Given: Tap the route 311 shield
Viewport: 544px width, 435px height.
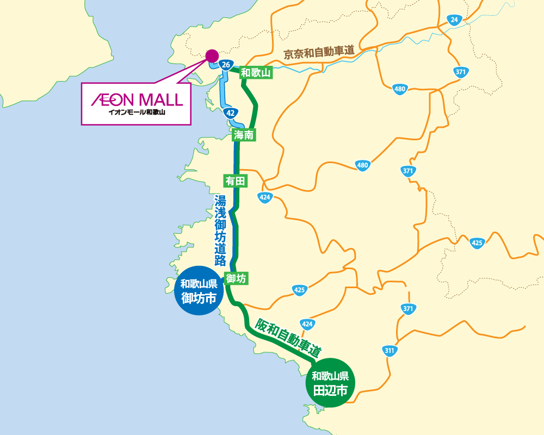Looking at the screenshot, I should pyautogui.click(x=389, y=350).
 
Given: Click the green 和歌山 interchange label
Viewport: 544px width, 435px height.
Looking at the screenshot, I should pyautogui.click(x=256, y=72).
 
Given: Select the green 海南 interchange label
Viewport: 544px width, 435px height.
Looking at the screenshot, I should pyautogui.click(x=243, y=135).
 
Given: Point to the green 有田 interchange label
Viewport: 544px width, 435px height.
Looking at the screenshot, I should pyautogui.click(x=236, y=180).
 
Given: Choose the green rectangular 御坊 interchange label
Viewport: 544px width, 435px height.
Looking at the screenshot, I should pyautogui.click(x=237, y=278).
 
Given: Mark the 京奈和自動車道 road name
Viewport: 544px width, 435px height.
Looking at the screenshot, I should pyautogui.click(x=319, y=53).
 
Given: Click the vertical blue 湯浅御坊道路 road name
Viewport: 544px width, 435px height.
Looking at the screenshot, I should pyautogui.click(x=220, y=229).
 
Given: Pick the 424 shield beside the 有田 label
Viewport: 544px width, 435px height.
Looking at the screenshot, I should pyautogui.click(x=265, y=197).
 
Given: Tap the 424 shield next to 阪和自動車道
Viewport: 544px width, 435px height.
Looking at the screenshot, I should pyautogui.click(x=307, y=325).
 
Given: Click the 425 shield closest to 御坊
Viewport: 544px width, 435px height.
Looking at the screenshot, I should pyautogui.click(x=299, y=289).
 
